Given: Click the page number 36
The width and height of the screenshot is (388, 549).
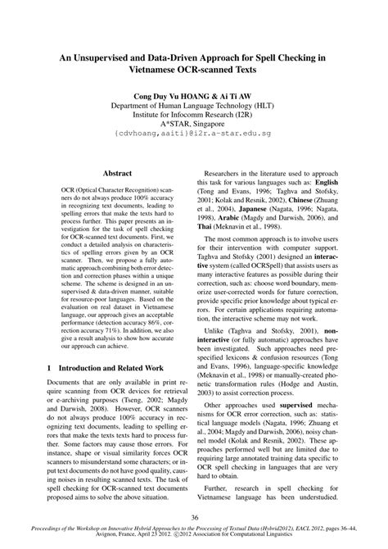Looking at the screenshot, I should (194, 517).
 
